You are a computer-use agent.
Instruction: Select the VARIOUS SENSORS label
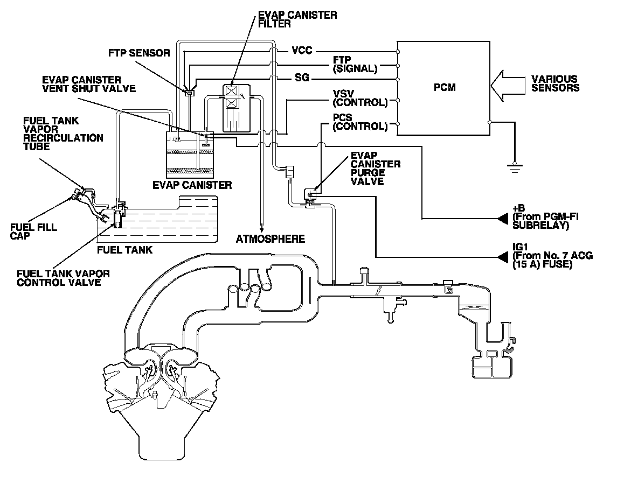coord(554,83)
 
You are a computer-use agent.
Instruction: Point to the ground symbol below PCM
coord(515,166)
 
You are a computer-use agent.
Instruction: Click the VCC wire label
coord(302,51)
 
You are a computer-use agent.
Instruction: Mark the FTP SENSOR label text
coord(139,53)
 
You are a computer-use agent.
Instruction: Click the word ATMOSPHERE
coord(271,238)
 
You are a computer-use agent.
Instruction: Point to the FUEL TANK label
coord(124,250)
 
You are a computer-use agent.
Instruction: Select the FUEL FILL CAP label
coord(33,232)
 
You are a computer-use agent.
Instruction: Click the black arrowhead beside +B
coord(503,218)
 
